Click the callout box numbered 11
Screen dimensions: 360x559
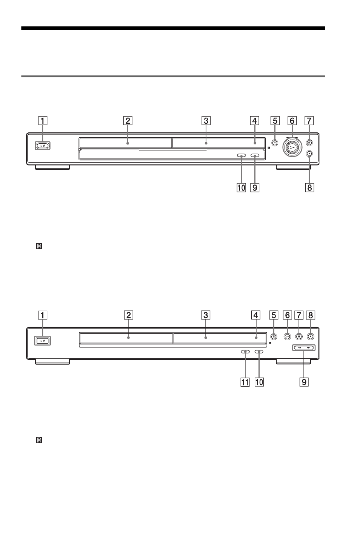coord(245,382)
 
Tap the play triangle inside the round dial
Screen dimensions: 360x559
coord(291,147)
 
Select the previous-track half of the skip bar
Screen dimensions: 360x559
coord(299,347)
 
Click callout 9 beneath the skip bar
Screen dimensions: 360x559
coord(304,382)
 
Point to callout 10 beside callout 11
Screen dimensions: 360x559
coord(259,382)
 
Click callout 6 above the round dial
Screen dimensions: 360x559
coord(292,121)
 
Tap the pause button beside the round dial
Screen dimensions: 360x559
coord(309,143)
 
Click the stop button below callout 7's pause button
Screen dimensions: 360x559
coord(309,154)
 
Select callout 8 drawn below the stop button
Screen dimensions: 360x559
coord(309,187)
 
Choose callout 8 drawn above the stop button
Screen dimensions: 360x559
coord(311,315)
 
